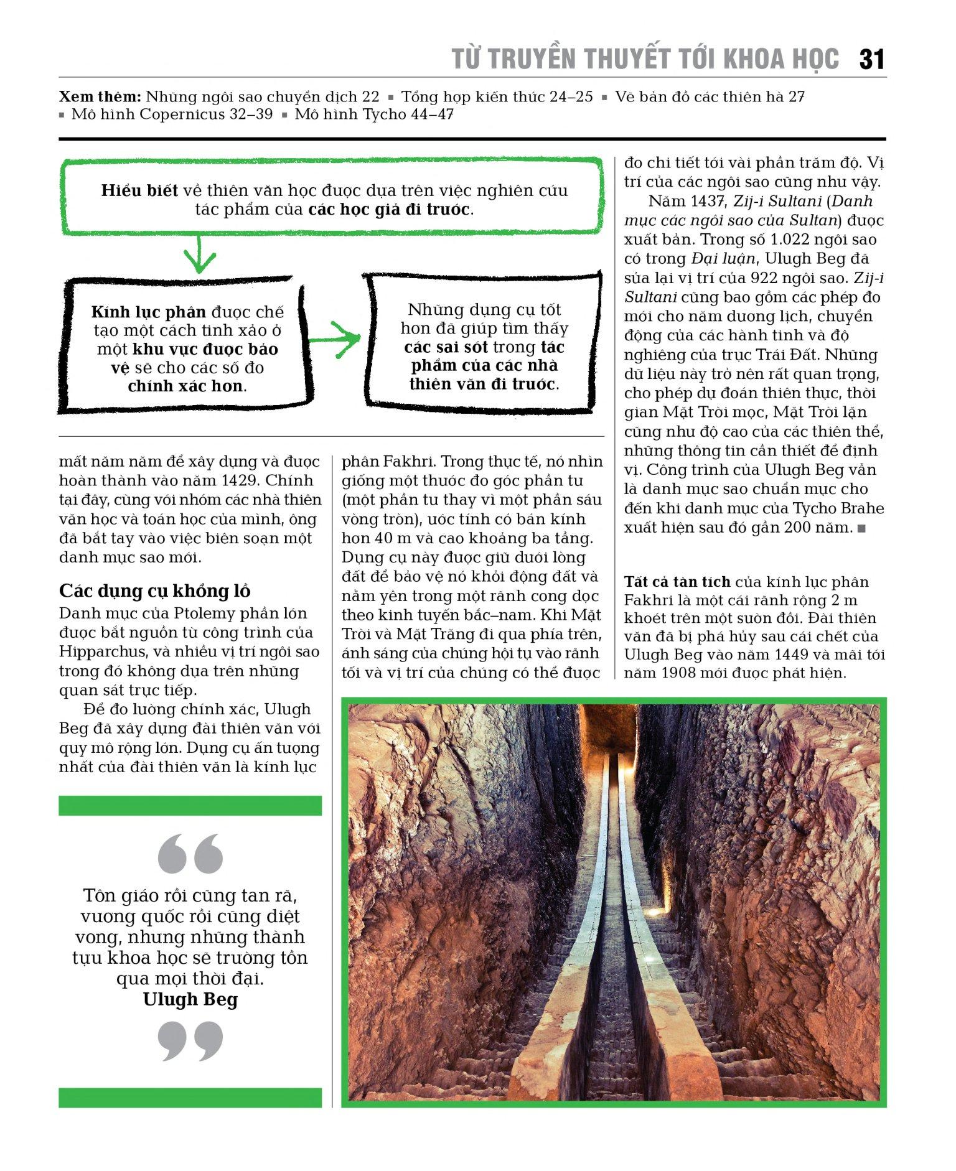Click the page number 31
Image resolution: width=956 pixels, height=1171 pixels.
click(871, 60)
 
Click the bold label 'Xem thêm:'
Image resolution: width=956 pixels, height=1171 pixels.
click(100, 97)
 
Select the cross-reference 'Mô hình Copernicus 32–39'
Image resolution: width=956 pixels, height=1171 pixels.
click(172, 114)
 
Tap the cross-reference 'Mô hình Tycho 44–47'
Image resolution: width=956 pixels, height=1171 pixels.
click(374, 114)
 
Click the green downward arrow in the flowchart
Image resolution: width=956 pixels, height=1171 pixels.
click(199, 254)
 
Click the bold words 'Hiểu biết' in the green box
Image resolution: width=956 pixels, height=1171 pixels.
click(139, 191)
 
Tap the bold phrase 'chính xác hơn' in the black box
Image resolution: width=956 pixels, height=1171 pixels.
click(185, 386)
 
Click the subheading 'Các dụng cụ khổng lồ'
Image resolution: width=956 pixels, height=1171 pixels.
click(155, 590)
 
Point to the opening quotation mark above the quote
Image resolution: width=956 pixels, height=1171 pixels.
click(190, 853)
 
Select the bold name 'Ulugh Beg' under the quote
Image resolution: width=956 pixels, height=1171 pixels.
click(190, 1000)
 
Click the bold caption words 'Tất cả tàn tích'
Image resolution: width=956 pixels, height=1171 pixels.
click(677, 582)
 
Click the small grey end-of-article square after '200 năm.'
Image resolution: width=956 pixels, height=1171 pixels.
click(861, 529)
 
